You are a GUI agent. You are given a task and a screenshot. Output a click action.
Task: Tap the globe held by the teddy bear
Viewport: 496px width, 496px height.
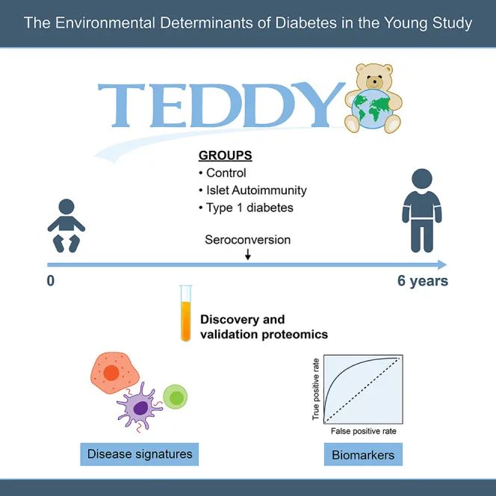tap(373, 108)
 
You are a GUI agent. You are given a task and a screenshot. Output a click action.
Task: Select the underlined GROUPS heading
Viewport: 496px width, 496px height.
tap(226, 155)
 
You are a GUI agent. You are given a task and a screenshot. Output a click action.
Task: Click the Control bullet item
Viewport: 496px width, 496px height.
tap(223, 173)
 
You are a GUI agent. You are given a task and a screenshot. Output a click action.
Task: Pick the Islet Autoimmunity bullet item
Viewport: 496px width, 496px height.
tap(252, 190)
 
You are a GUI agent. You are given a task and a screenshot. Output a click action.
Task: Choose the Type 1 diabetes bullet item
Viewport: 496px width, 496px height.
tap(246, 208)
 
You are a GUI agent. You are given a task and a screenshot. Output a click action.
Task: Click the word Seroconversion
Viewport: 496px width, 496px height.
tap(248, 240)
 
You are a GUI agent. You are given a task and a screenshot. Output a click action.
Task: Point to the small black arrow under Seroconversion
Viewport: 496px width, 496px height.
tap(248, 254)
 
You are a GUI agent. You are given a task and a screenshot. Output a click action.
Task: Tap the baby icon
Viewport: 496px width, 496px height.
tap(66, 226)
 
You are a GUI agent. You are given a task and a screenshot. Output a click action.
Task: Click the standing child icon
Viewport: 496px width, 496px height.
tap(421, 211)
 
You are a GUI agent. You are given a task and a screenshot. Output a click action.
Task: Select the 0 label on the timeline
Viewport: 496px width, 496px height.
tap(51, 281)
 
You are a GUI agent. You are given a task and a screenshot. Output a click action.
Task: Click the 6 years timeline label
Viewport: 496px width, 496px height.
tap(423, 281)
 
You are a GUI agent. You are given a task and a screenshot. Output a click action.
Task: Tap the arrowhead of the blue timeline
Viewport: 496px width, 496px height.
tap(442, 264)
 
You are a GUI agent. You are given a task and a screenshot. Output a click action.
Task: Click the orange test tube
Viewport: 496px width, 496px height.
tap(186, 313)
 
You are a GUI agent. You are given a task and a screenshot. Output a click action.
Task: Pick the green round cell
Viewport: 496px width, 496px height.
tap(176, 397)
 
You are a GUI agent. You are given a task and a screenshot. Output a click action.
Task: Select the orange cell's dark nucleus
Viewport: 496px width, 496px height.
tap(111, 373)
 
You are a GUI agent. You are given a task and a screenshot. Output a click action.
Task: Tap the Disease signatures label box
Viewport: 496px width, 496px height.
tap(140, 454)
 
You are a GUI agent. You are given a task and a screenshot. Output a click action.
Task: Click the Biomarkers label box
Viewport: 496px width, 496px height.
tap(363, 454)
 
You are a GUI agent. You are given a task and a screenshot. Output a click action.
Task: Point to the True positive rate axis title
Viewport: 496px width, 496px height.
tap(315, 389)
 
